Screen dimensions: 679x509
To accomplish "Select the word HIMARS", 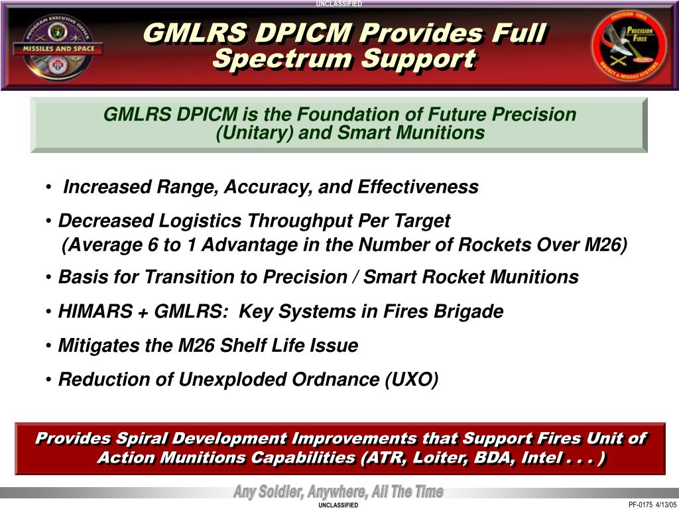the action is (95, 311).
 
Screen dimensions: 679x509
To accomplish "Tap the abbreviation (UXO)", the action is (411, 380).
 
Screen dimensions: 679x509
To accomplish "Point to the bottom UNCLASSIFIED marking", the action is (338, 505).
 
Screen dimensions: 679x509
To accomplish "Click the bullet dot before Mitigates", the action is (48, 346).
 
